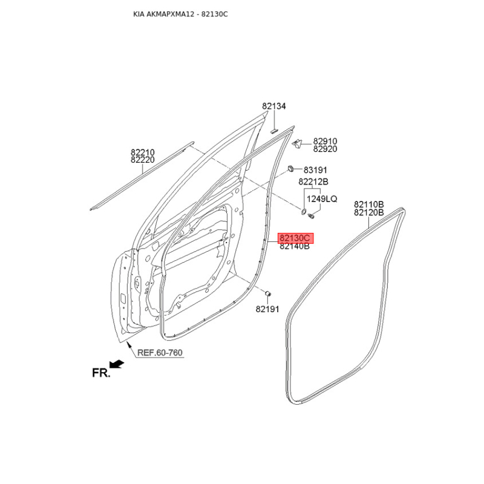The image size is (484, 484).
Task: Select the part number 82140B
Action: (x=294, y=246)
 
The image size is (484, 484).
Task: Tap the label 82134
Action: (x=274, y=106)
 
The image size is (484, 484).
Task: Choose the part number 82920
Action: (x=325, y=149)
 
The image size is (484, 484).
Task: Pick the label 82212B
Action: (x=313, y=181)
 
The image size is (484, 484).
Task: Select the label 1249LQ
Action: (x=322, y=199)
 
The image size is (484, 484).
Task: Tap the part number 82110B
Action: (x=369, y=204)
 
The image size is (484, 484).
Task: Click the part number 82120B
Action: (x=369, y=212)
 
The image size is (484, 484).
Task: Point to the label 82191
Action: (x=267, y=309)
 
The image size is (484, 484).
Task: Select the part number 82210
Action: (x=143, y=152)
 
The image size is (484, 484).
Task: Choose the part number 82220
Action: (x=143, y=160)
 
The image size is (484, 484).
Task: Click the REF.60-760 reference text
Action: (x=160, y=353)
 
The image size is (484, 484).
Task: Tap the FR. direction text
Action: (x=101, y=373)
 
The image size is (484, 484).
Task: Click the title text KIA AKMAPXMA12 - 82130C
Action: (x=180, y=13)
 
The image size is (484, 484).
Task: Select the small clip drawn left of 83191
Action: (x=291, y=168)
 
